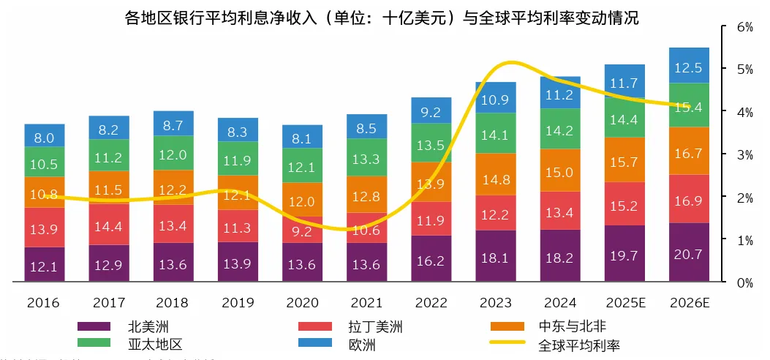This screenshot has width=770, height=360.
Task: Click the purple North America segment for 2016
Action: pos(44,264)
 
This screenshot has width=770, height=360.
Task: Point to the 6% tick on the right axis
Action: pos(745,27)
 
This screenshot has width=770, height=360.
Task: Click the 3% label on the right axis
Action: pos(745,155)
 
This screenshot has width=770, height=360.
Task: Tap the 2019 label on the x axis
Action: pos(238,302)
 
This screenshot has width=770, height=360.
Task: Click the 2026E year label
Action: pos(690,302)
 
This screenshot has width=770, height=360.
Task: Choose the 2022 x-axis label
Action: pos(431,302)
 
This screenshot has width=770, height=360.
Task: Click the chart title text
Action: pos(383,18)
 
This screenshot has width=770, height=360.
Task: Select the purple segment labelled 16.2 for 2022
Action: pos(431,259)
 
